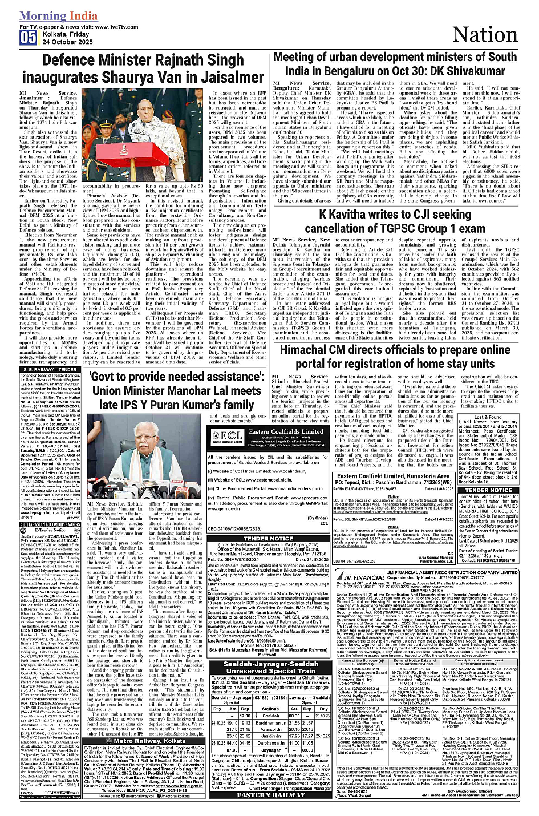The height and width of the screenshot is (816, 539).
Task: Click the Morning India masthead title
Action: click(x=59, y=16)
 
